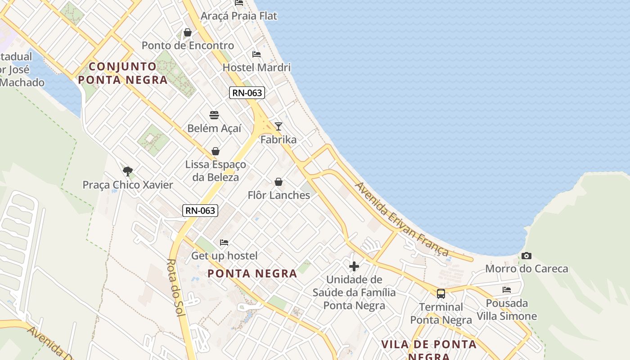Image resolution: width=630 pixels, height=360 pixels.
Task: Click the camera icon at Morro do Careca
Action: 526,256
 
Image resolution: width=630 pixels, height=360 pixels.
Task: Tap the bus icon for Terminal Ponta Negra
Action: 441,294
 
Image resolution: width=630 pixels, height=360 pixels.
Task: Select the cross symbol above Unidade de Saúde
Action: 354,266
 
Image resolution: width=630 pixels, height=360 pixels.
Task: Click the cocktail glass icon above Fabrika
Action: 279,126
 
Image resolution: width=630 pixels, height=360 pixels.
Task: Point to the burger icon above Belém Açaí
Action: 214,115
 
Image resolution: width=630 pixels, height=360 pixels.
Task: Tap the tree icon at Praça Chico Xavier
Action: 128,171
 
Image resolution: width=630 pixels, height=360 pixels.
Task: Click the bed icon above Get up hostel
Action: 224,243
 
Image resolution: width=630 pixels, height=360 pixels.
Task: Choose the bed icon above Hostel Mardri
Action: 256,54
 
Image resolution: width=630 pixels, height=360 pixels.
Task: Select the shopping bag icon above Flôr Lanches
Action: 279,182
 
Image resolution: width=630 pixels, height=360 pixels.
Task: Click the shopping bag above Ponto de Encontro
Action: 188,32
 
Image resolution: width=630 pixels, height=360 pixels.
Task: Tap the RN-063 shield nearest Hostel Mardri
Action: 247,93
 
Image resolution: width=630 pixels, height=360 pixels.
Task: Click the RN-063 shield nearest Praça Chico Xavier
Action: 200,210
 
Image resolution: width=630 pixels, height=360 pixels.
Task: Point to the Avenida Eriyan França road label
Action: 402,219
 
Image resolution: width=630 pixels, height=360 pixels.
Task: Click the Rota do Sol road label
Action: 175,288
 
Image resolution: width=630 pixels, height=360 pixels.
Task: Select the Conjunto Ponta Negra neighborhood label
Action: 123,73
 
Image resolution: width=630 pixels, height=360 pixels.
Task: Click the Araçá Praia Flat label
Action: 239,16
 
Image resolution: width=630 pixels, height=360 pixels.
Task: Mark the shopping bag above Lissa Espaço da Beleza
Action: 216,151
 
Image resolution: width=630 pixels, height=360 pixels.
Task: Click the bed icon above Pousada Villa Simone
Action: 507,290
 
